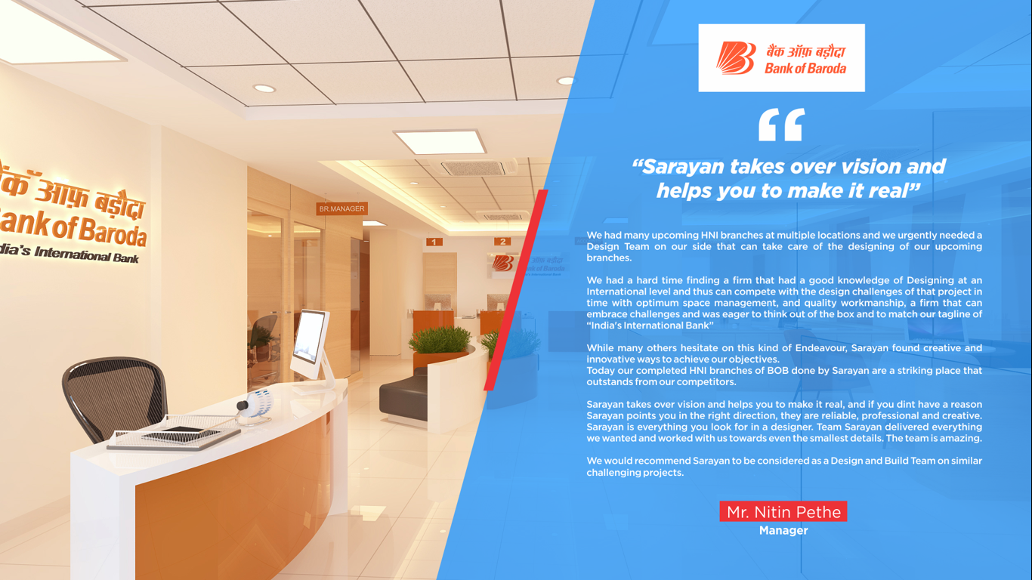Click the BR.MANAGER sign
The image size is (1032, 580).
341,208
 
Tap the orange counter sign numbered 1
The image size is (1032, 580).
434,242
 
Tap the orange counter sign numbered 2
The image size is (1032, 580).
502,242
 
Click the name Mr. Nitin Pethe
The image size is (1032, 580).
783,512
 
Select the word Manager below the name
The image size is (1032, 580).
783,531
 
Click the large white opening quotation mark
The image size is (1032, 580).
781,125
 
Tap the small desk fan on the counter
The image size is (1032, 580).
256,405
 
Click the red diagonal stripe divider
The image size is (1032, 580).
516,290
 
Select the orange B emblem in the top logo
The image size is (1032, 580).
736,58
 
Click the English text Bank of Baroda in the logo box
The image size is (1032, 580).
805,69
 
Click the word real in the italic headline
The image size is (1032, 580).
888,191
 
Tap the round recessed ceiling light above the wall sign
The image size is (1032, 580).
264,88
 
